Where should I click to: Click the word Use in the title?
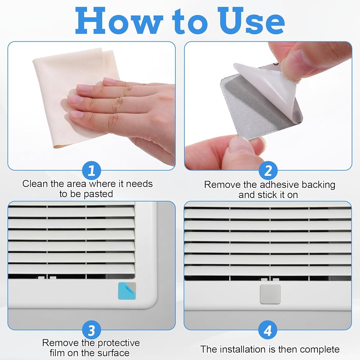point(251,21)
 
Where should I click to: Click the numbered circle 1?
point(91,171)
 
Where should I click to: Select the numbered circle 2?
point(268,171)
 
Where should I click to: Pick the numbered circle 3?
point(91,330)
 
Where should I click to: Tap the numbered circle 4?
point(268,330)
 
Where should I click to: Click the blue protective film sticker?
point(127,291)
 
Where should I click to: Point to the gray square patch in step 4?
point(270,294)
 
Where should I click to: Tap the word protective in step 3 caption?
point(119,343)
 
